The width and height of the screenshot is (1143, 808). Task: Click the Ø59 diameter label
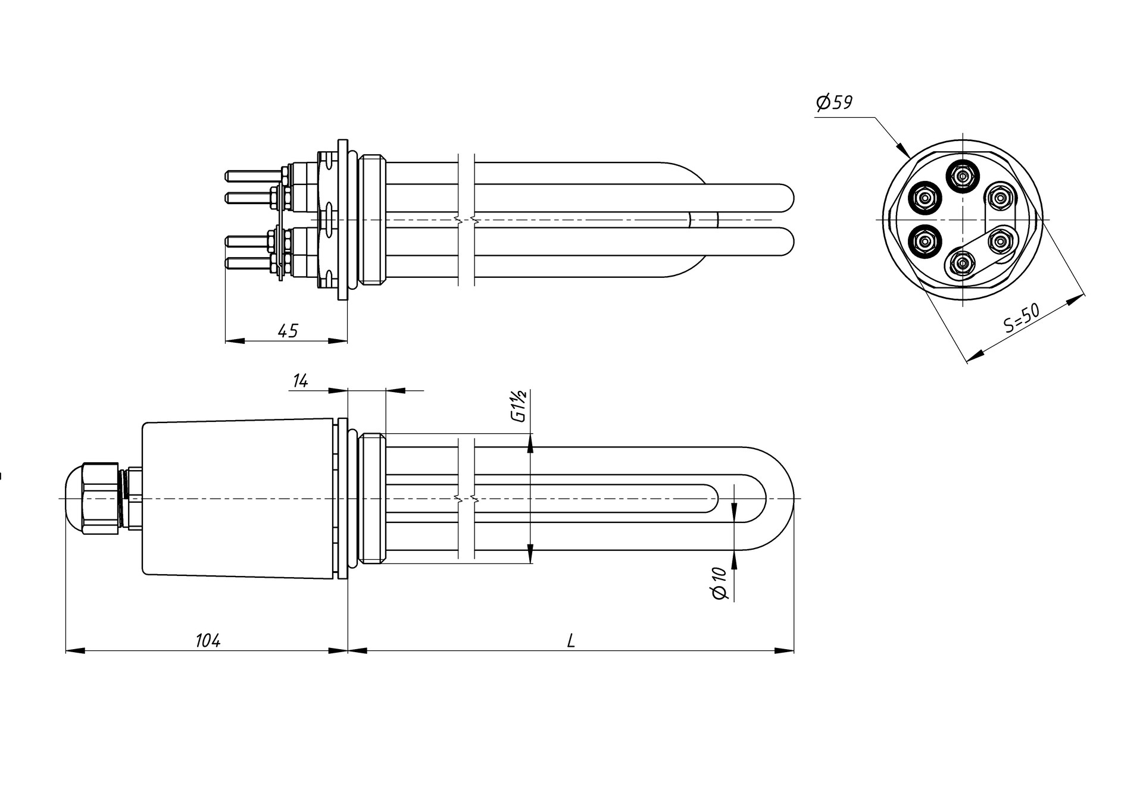835,103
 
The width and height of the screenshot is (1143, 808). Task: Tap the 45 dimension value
288,331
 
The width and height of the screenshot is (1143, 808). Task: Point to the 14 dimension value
301,381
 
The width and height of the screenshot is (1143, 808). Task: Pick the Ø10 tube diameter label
720,582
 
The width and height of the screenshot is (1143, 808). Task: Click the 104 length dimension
208,640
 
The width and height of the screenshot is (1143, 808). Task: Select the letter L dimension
571,640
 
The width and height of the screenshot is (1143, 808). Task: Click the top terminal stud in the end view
962,176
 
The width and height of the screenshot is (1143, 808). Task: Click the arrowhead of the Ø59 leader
904,150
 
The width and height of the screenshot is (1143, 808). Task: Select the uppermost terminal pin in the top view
254,176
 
